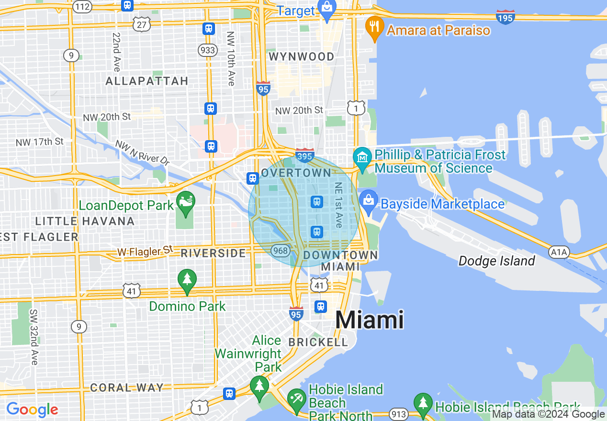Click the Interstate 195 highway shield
[x=506, y=17]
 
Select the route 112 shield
[x=83, y=6]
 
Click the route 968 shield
[x=280, y=250]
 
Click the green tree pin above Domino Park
[x=187, y=281]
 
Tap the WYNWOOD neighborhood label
[x=302, y=57]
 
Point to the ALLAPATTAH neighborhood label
[x=146, y=81]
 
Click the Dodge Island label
[x=496, y=261]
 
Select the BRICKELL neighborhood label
[x=318, y=342]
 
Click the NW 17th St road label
[x=39, y=142]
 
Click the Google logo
[x=32, y=409]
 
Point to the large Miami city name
[x=370, y=319]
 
